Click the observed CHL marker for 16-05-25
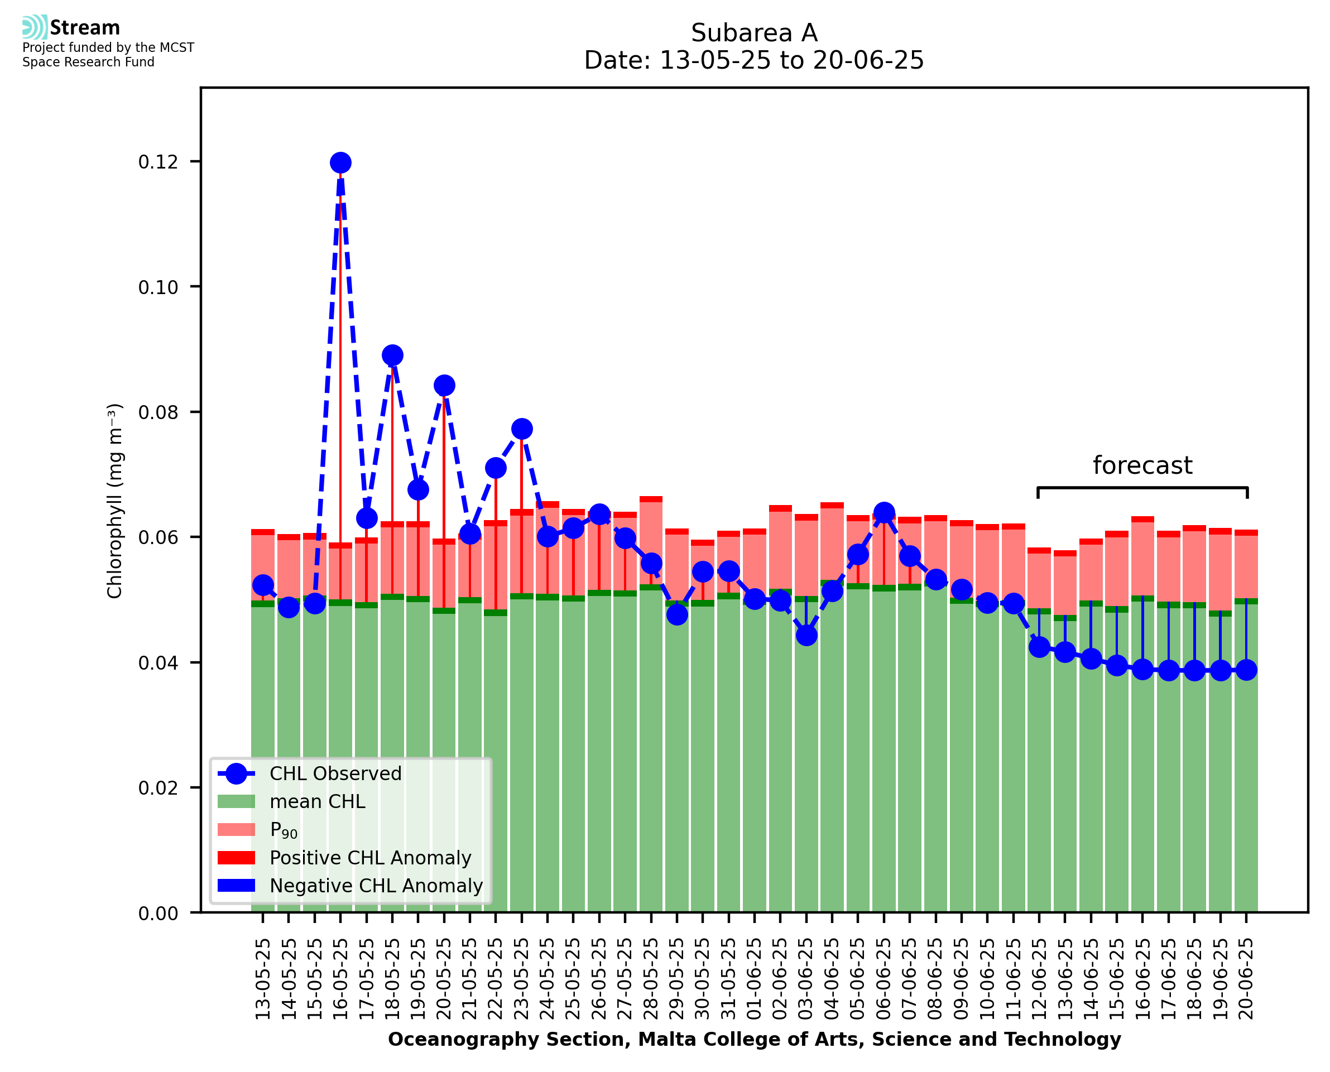coord(340,163)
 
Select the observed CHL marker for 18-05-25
coord(392,355)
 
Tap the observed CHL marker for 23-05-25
coord(522,429)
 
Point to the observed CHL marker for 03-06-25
coord(806,636)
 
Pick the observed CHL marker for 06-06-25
coord(884,512)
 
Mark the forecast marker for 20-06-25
coord(1247,670)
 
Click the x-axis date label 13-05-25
coord(263,979)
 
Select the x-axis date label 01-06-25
coord(755,979)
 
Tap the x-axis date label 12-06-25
coord(1039,979)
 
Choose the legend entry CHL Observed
coord(335,774)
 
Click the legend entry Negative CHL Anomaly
coord(376,886)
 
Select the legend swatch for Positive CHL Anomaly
coord(236,858)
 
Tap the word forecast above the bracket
coord(1142,465)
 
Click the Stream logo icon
coord(35,27)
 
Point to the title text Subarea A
coord(754,33)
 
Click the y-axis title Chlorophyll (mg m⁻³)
coord(115,501)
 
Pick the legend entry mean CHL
coord(318,801)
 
